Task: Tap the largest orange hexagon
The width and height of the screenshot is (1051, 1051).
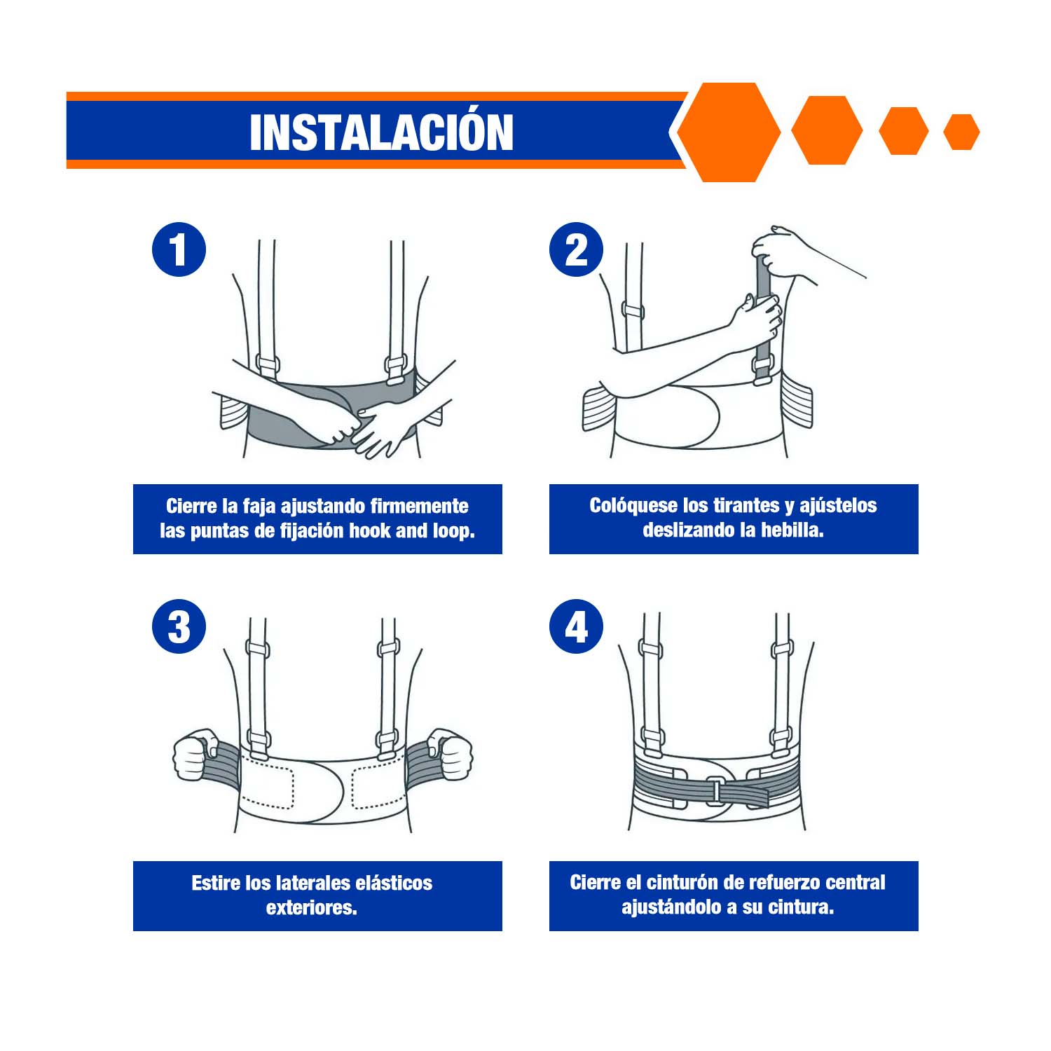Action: [x=729, y=132]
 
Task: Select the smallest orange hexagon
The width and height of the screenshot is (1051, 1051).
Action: [x=961, y=132]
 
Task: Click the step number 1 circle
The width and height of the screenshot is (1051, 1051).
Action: [x=179, y=249]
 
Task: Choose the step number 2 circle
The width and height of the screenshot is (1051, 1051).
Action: [x=577, y=249]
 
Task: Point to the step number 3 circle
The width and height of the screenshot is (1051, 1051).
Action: [x=179, y=626]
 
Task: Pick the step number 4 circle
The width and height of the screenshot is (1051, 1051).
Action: [x=577, y=626]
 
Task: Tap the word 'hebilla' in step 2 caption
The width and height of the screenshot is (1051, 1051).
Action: [x=792, y=530]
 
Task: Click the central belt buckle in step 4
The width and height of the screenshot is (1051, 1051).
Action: [x=715, y=790]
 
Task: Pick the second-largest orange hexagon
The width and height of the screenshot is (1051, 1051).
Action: [x=827, y=131]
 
